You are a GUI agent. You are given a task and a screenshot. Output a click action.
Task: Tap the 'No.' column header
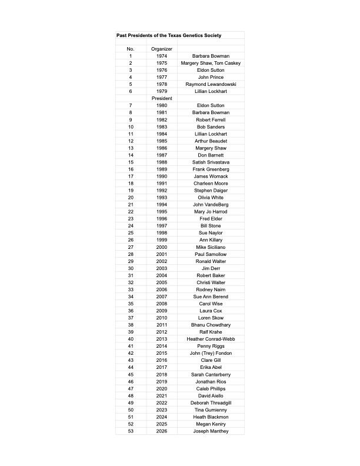coord(131,49)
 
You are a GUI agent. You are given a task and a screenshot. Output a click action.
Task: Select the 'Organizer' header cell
coord(161,49)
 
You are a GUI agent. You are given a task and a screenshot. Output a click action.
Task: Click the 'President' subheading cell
coord(161,98)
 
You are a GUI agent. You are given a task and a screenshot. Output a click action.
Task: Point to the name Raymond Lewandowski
coord(210,84)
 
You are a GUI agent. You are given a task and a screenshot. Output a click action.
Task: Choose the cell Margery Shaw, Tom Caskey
coord(210,63)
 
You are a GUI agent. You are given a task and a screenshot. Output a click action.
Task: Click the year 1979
coord(161,91)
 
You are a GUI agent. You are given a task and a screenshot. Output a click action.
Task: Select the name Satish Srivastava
coord(210,162)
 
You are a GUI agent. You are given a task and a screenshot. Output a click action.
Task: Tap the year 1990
coord(161,177)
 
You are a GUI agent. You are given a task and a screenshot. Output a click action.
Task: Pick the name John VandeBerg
coord(210,205)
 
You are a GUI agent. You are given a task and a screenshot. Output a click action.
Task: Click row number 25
coord(131,233)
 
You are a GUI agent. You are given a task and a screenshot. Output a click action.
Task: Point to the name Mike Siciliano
coord(210,247)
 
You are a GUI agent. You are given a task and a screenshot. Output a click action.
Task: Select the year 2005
coord(161,282)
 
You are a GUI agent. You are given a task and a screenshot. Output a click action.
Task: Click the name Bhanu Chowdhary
coord(210,325)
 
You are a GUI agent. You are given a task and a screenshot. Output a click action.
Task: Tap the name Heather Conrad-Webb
coord(210,339)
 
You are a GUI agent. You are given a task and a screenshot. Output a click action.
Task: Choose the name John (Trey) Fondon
coord(210,353)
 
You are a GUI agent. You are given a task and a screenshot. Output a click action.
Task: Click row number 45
coord(131,374)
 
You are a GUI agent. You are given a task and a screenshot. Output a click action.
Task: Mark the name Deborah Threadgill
coord(210,402)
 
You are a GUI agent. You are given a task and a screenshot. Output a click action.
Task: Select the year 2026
coord(161,431)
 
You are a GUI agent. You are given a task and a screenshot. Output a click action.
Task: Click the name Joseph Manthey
coord(210,431)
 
